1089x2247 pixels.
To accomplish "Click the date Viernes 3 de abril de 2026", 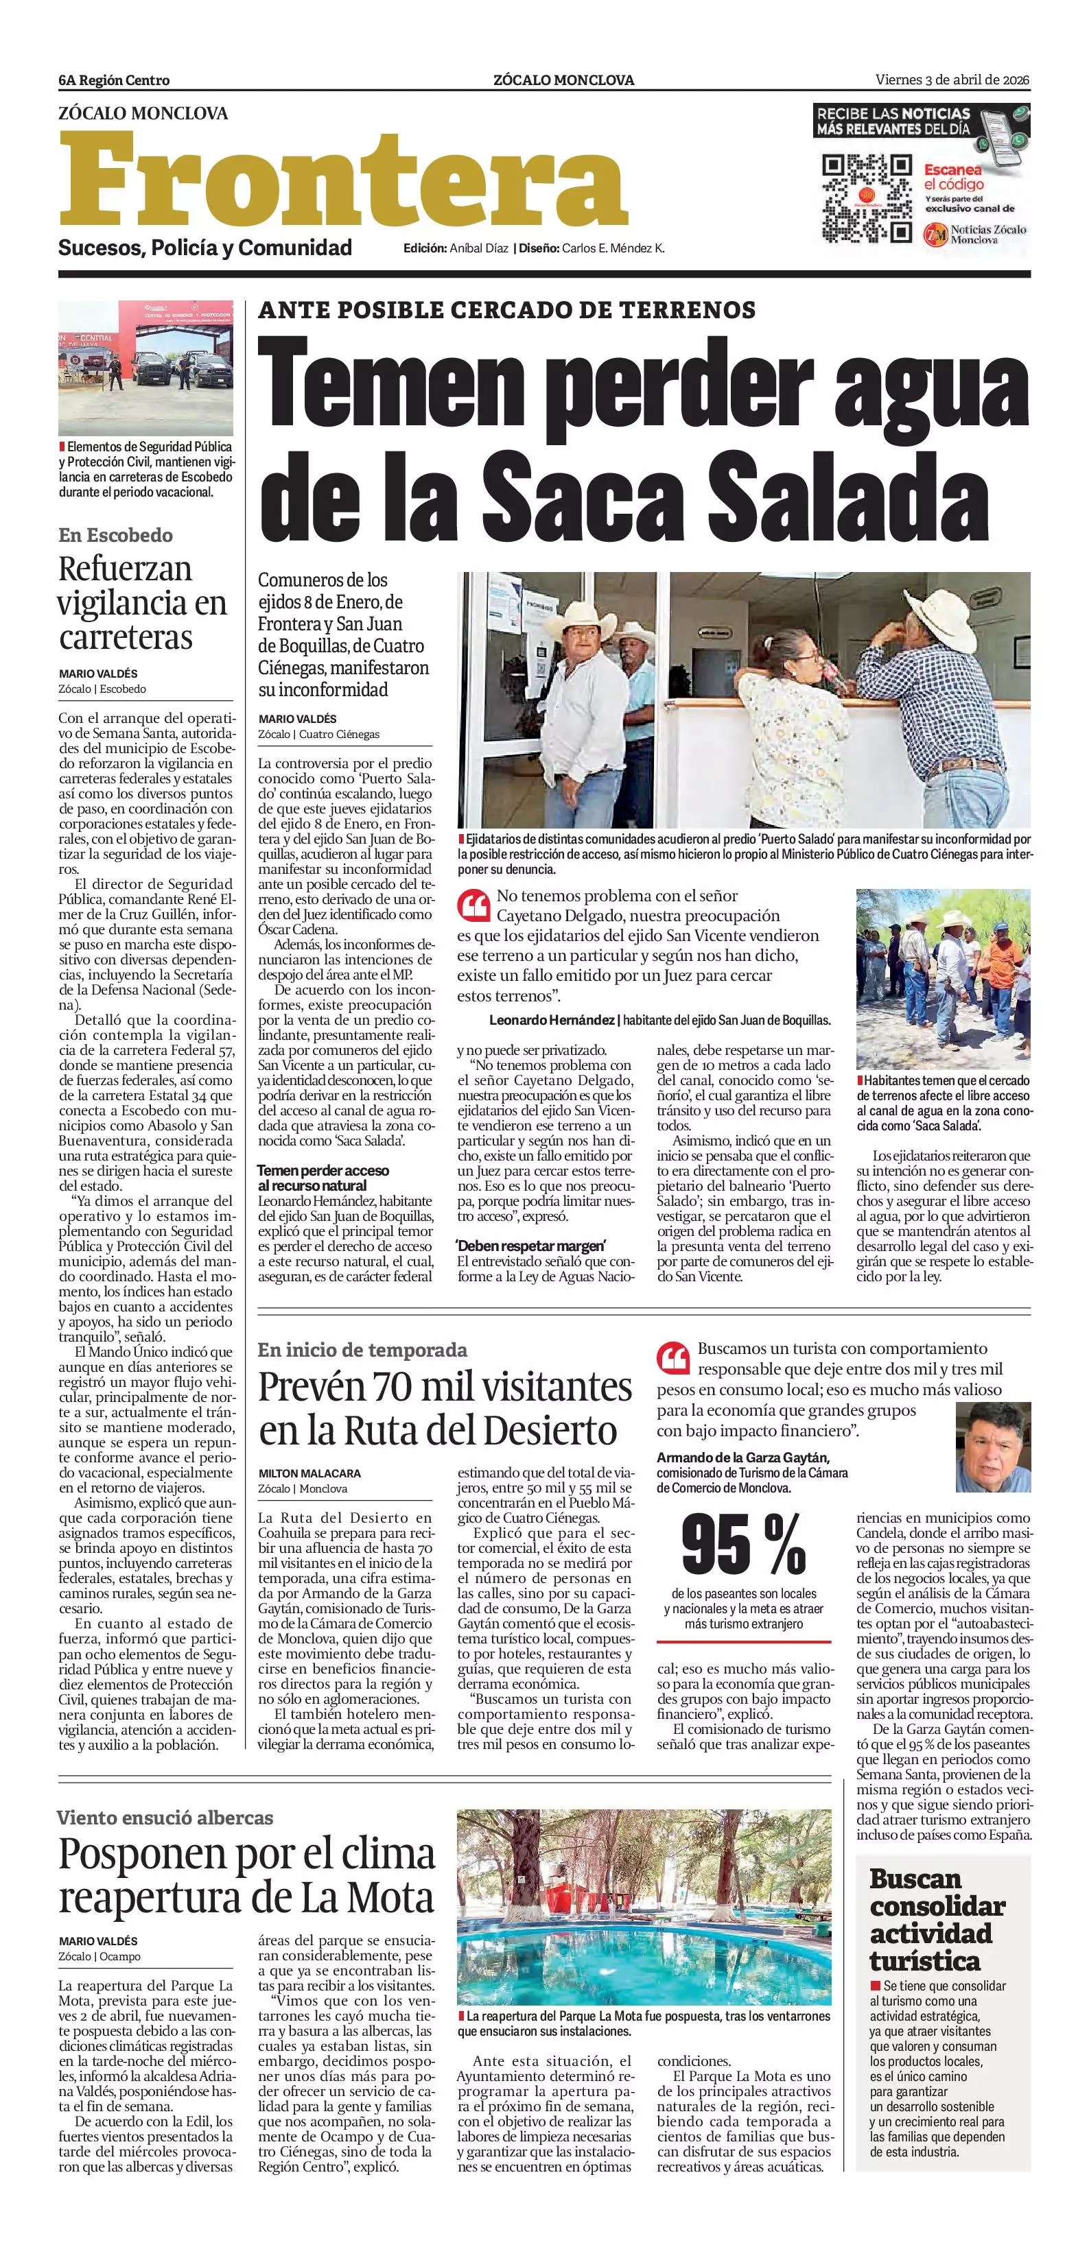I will [x=952, y=80].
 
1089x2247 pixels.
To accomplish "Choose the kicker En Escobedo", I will [x=115, y=536].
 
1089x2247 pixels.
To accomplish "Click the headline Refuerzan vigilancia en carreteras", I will [x=142, y=603].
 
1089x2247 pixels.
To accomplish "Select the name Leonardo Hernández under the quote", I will [x=552, y=1020].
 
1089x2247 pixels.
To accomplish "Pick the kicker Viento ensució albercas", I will [x=165, y=1818].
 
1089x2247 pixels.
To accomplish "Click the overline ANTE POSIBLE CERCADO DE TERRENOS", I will [x=507, y=309].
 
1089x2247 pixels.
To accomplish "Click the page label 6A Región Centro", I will [x=115, y=80].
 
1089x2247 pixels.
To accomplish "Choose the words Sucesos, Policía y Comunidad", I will [x=205, y=248].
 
